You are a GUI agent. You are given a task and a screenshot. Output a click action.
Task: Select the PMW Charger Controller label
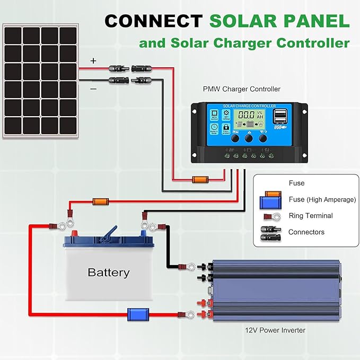tap(241, 89)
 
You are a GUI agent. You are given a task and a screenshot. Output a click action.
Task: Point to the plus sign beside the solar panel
tap(94, 61)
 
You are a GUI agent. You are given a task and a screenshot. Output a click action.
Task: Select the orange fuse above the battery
tap(101, 201)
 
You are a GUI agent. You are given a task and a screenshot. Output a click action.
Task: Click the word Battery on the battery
tap(108, 273)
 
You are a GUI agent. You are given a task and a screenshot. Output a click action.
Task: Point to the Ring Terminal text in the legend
tap(311, 216)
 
